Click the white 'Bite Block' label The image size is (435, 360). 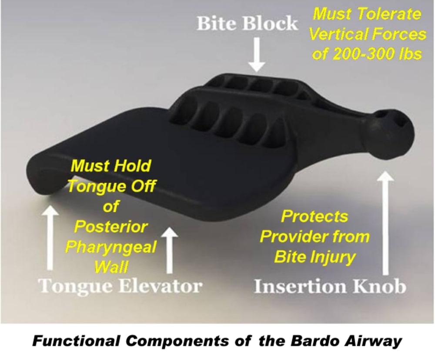tap(247, 23)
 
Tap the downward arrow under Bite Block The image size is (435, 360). tap(257, 54)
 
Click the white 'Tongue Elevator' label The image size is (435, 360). tap(120, 286)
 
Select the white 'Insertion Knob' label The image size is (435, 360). tap(331, 286)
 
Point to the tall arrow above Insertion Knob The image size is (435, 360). tap(385, 223)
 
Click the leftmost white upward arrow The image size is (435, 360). tap(50, 237)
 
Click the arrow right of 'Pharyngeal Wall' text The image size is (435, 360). tap(170, 250)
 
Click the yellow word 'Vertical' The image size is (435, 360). tap(338, 34)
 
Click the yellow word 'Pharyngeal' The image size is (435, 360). tap(111, 247)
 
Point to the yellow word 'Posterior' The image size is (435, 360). tap(110, 227)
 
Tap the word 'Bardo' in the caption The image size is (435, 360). tap(310, 340)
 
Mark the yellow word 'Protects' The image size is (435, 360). tap(315, 216)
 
